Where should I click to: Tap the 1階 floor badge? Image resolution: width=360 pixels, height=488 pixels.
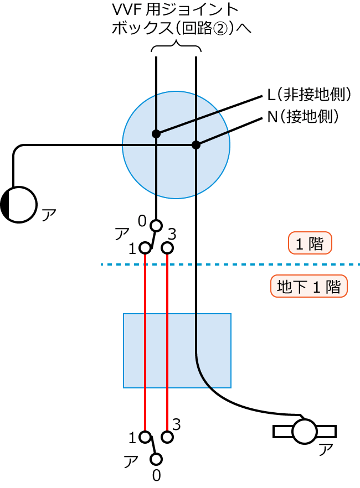(310, 243)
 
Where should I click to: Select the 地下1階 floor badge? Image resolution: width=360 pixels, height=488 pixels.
(308, 287)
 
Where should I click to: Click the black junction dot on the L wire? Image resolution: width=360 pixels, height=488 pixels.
(156, 133)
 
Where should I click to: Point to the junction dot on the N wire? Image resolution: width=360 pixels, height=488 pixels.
(196, 145)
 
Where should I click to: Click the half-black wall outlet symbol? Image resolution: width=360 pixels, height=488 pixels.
(19, 204)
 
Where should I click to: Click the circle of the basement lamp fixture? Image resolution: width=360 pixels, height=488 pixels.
(304, 431)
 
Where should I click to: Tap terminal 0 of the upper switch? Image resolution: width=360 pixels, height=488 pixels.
(156, 225)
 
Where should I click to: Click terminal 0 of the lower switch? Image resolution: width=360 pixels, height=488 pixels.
(156, 459)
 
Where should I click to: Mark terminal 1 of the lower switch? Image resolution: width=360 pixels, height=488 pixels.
(145, 437)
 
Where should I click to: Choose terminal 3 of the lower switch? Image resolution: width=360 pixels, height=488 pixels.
(167, 437)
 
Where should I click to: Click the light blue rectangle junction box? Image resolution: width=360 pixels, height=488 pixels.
(177, 350)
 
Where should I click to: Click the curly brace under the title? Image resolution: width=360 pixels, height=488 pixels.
(176, 48)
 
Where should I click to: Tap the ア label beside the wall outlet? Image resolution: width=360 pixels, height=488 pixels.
(49, 215)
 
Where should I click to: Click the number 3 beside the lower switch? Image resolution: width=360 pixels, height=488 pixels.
(177, 424)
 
